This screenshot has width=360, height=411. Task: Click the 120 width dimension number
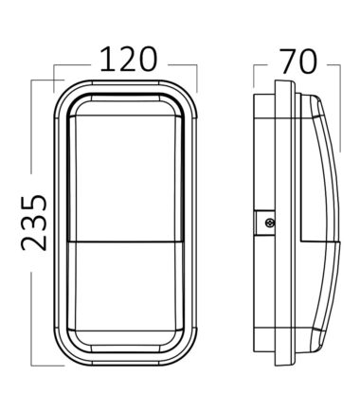[x=129, y=59]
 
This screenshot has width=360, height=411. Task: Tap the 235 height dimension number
[x=34, y=223]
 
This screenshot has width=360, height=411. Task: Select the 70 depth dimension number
[x=298, y=62]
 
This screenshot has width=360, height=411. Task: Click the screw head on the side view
[x=270, y=223]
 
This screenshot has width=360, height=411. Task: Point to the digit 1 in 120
[x=107, y=59]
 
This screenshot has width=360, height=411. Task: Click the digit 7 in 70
[x=288, y=62]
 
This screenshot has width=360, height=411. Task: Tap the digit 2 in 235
[x=34, y=242]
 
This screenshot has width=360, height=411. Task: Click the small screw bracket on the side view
[x=265, y=223]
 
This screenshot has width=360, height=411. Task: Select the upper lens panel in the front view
[x=126, y=178]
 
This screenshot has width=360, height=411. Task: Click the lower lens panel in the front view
[x=126, y=286]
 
